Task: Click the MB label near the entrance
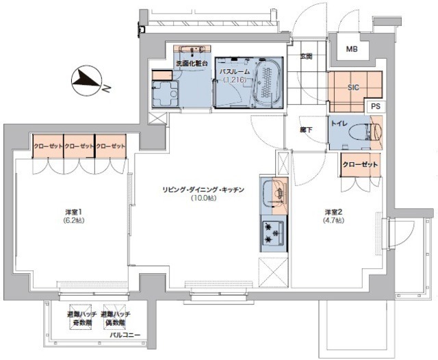351,49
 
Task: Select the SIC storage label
354,88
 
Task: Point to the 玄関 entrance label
306,57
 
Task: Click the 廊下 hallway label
305,127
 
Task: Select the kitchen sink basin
276,194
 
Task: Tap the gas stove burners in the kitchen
276,233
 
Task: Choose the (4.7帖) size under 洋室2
335,220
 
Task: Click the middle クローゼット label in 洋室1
79,146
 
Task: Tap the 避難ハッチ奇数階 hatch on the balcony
79,317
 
